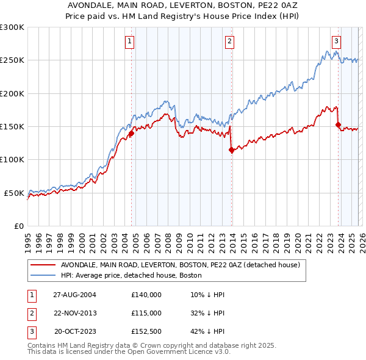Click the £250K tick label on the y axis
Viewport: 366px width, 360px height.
click(12, 60)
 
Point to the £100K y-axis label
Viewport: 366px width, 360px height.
click(12, 159)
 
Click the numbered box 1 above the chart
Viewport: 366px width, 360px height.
click(131, 41)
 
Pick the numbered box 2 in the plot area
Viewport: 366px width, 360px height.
click(230, 41)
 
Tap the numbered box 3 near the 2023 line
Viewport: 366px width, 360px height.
click(336, 41)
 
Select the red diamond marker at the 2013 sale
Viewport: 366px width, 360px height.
click(231, 150)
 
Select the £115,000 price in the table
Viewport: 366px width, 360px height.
click(146, 313)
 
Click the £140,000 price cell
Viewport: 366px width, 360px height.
click(146, 295)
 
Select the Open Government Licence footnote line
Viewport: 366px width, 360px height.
click(128, 352)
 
